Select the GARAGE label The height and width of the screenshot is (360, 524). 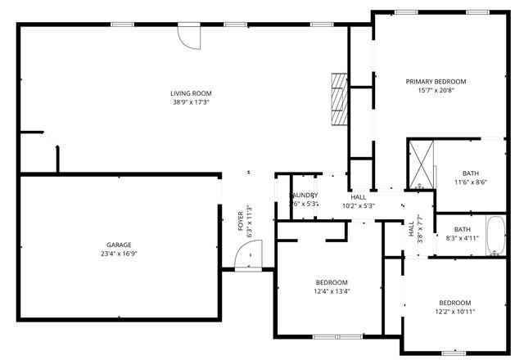tap(119, 245)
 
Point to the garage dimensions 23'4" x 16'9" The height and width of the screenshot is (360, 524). tap(119, 254)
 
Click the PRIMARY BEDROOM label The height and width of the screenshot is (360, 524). tap(436, 81)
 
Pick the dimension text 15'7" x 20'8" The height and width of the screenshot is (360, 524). tap(436, 90)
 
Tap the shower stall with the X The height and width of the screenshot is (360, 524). tap(422, 164)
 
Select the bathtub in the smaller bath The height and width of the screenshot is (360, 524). tap(496, 236)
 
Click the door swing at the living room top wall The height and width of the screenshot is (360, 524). tap(189, 37)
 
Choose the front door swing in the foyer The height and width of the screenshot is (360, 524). tap(245, 259)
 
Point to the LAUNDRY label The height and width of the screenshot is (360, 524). tap(304, 195)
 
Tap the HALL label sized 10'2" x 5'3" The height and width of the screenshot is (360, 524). tap(359, 197)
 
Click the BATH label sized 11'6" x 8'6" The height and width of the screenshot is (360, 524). tap(470, 173)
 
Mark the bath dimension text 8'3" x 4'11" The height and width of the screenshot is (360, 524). tap(463, 239)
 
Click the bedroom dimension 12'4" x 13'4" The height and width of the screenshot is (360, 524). tap(332, 291)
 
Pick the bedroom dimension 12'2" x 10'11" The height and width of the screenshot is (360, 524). tap(454, 311)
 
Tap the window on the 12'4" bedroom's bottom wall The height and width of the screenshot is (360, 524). tap(338, 336)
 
